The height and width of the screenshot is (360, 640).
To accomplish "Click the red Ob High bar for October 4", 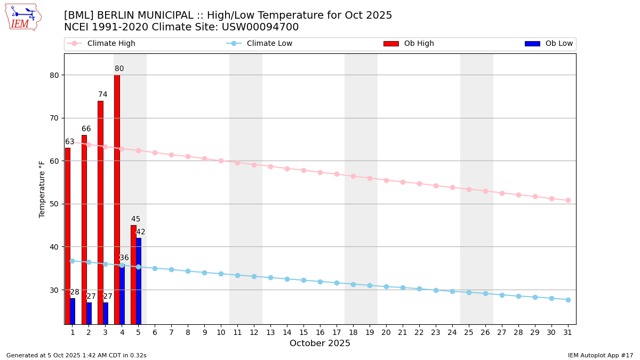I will pos(117,199).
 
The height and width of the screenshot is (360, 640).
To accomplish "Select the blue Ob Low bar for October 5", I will pos(139,281).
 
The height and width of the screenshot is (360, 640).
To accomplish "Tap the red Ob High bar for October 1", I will pos(68,236).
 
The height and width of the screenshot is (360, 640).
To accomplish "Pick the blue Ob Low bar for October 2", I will pos(89,313).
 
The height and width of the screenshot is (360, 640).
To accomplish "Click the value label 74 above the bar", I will pos(102,94).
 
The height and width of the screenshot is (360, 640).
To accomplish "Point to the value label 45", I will pos(135,219).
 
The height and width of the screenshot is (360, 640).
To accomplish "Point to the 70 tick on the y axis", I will pos(53,118).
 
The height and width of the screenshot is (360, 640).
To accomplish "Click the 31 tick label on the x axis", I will pos(568,332).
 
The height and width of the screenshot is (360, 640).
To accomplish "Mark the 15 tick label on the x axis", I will pos(303,332).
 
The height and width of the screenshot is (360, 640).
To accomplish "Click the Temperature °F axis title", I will pos(42,189).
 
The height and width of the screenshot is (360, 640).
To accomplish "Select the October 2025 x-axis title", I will pos(320,343).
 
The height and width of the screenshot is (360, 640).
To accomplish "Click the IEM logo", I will pos(23,17).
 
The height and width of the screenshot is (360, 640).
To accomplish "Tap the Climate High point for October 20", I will pos(386,180).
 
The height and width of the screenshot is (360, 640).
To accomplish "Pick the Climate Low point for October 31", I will pos(568,300).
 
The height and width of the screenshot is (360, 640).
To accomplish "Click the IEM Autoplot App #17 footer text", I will pos(601,355).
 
